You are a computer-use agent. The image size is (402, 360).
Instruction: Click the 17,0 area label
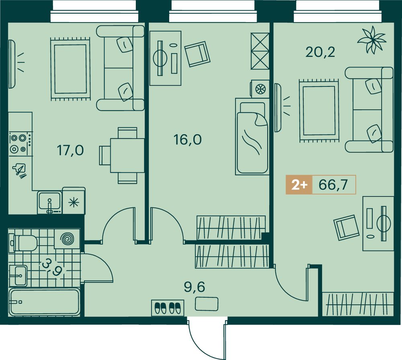[70, 150]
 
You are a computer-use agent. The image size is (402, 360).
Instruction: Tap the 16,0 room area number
[188, 140]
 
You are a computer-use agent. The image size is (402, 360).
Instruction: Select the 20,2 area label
[320, 52]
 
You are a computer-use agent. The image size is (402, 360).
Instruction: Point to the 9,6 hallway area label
[195, 287]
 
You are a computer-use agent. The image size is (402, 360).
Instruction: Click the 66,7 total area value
[333, 184]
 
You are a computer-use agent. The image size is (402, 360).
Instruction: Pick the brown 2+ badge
[299, 185]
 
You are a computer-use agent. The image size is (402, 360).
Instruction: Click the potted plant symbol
[371, 39]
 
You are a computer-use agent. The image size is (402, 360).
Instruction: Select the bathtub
[44, 302]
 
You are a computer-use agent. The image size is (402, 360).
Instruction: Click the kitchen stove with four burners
[21, 144]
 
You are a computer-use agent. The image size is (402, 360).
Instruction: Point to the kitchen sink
[50, 202]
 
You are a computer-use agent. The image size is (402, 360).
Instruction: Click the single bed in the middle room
[252, 136]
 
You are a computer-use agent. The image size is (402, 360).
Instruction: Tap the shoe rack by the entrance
[168, 308]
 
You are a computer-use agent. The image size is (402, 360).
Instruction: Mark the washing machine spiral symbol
[67, 239]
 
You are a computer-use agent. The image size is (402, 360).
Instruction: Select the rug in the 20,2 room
[319, 111]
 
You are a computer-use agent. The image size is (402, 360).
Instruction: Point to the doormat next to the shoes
[207, 304]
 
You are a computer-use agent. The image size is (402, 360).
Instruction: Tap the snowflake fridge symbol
[74, 202]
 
